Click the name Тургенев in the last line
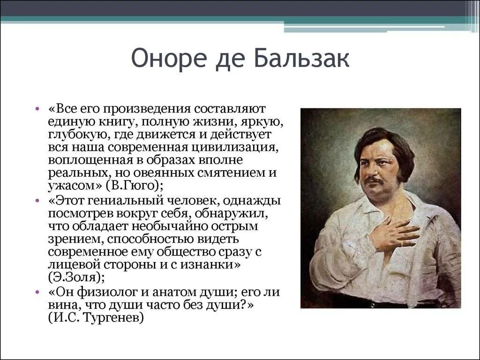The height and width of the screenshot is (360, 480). tap(117, 317)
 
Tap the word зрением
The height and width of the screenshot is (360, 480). tap(71, 239)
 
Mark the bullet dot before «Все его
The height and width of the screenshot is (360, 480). tap(38, 109)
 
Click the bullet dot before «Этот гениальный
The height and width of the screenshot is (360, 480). tap(38, 201)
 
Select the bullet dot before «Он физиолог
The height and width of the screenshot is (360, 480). tap(38, 292)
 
